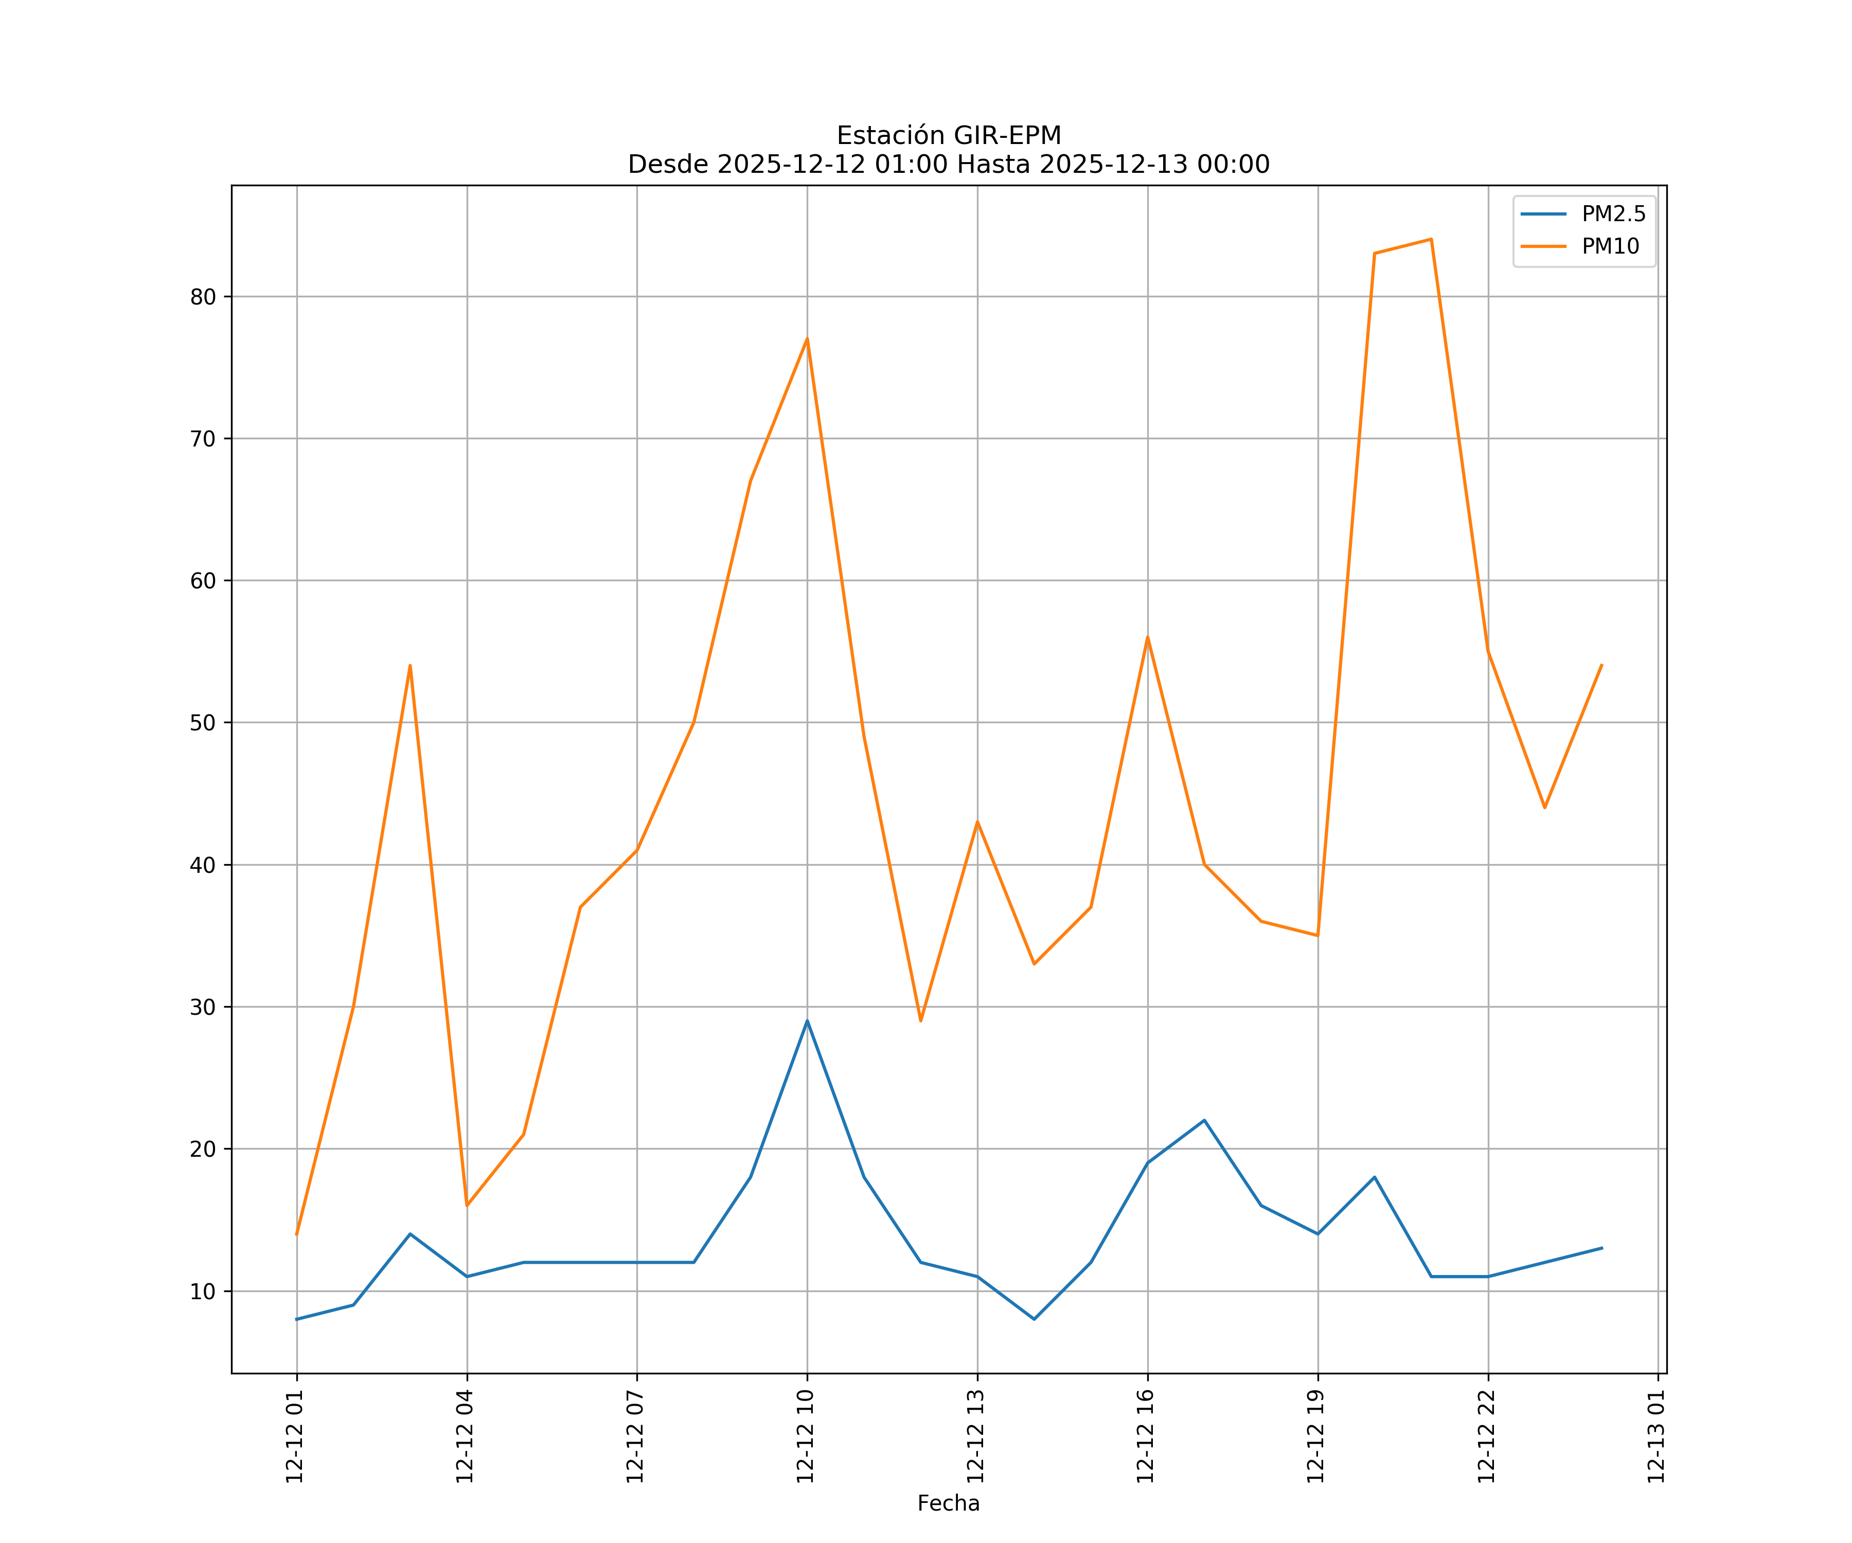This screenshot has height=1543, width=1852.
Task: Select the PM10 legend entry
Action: pyautogui.click(x=1610, y=247)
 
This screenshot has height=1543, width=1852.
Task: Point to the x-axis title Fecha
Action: pyautogui.click(x=948, y=1503)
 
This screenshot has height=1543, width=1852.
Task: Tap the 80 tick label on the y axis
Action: pyautogui.click(x=203, y=297)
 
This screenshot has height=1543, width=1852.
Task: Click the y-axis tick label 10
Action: pyautogui.click(x=203, y=1291)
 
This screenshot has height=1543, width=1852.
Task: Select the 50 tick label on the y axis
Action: pyautogui.click(x=203, y=723)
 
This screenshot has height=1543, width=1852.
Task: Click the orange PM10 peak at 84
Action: pyautogui.click(x=1431, y=239)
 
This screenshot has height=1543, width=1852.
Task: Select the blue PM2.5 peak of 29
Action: pyautogui.click(x=807, y=1021)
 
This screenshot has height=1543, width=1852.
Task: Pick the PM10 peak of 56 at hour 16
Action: pyautogui.click(x=1147, y=637)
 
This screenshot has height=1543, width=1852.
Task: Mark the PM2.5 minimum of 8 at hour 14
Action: pyautogui.click(x=1034, y=1319)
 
